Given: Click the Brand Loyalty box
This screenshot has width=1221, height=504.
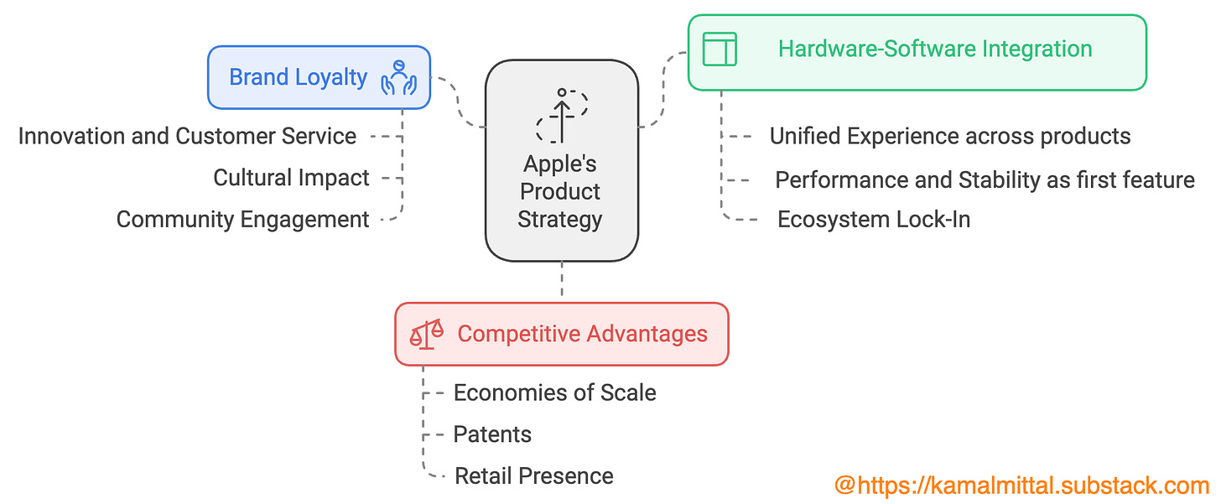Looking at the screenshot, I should click(319, 78).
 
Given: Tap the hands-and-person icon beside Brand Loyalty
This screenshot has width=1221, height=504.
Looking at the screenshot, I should click(399, 77).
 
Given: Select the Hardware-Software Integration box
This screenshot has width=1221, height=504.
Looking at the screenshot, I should click(917, 51).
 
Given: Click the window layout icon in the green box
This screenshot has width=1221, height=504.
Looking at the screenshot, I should click(720, 49).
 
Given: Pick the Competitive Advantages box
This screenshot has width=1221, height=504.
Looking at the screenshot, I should click(561, 334).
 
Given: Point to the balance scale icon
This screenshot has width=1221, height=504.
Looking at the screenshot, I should click(427, 334).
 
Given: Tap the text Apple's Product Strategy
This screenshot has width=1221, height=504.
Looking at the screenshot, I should click(560, 191).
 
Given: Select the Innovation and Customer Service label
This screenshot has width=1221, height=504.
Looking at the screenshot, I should click(187, 136).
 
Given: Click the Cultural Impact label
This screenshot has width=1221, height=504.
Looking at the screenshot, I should click(291, 178).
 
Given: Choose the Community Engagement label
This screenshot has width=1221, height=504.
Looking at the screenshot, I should click(242, 220).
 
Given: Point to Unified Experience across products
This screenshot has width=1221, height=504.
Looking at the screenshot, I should click(950, 136).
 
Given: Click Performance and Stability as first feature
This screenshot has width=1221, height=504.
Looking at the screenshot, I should click(985, 179).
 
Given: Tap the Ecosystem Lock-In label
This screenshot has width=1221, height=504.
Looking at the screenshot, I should click(874, 220).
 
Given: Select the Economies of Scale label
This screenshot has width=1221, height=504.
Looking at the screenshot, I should click(554, 392).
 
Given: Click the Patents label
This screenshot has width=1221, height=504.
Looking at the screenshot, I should click(492, 434).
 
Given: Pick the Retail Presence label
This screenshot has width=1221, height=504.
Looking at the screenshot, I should click(533, 476).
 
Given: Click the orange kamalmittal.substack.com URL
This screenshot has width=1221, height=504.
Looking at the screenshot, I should click(1021, 485).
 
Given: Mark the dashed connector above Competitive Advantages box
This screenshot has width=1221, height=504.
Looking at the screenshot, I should click(562, 282).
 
